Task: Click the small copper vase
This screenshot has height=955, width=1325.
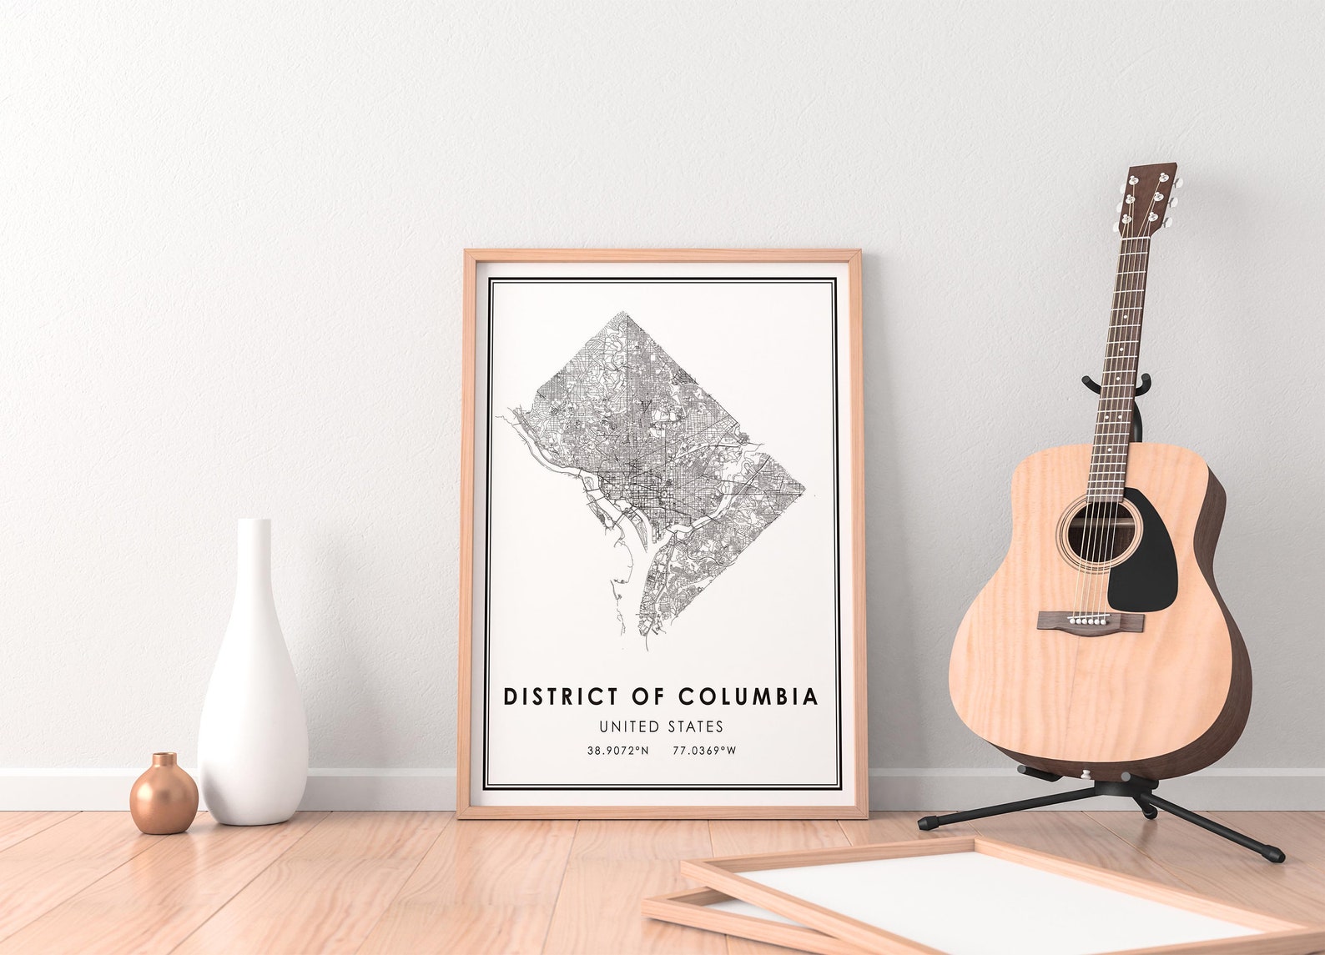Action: tap(164, 796)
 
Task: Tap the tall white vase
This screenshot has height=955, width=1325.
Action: tap(252, 701)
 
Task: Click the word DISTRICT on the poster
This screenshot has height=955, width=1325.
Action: tap(561, 696)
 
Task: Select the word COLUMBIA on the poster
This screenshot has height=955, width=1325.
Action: tap(748, 696)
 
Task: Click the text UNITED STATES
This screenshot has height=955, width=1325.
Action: tap(661, 727)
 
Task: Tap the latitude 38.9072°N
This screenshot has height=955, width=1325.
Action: tap(617, 751)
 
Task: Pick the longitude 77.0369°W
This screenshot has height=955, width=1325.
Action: tap(704, 751)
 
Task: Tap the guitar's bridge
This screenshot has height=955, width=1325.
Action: tap(1091, 621)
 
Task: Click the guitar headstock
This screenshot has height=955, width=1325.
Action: tap(1151, 196)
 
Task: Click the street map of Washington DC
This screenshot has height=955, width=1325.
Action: tap(659, 467)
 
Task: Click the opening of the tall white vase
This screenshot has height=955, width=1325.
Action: tap(254, 522)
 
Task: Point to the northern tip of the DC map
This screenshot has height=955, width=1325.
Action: tap(622, 314)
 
